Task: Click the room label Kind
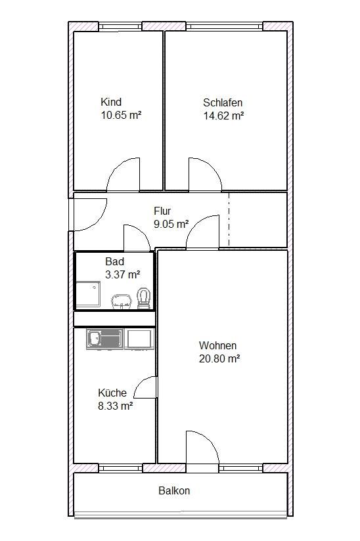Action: point(111,102)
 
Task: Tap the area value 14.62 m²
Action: point(223,116)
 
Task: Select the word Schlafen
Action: point(223,102)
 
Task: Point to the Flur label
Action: point(162,211)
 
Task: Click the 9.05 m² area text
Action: point(171,224)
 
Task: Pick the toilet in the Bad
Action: point(144,299)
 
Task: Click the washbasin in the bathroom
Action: point(122,301)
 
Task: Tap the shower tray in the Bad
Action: point(88,294)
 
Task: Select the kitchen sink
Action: point(104,339)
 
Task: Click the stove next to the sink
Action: point(139,339)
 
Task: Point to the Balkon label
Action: point(174,490)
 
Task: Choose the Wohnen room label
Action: point(218,345)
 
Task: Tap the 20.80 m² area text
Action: point(219,358)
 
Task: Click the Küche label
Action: point(112,393)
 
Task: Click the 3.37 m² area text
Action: point(123,274)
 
